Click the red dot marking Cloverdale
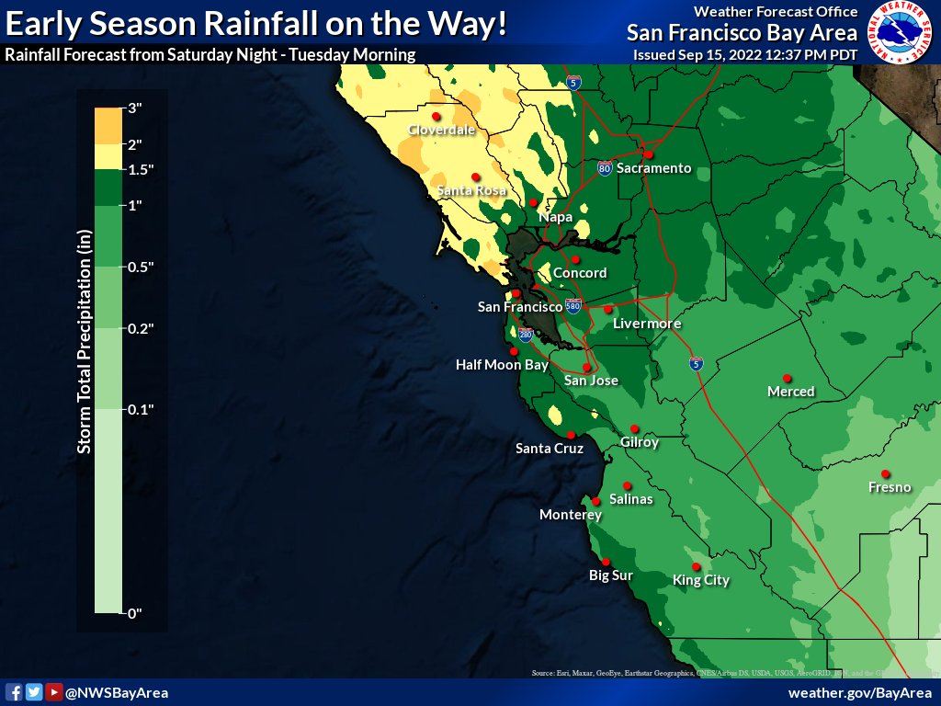pos(436,117)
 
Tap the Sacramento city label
pos(652,168)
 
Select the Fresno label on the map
pos(889,487)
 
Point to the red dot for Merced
pos(787,378)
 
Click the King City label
pos(701,580)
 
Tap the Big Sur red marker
pos(606,563)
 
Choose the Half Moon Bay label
pos(502,365)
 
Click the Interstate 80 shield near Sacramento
pos(604,169)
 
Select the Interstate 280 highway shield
pos(525,335)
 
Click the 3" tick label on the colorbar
pos(134,108)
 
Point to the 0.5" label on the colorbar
pos(140,267)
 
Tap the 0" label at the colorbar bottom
pos(134,613)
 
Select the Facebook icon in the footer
pos(14,692)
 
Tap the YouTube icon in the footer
pos(54,692)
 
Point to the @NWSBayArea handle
pos(116,692)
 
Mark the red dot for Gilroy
pos(635,429)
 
